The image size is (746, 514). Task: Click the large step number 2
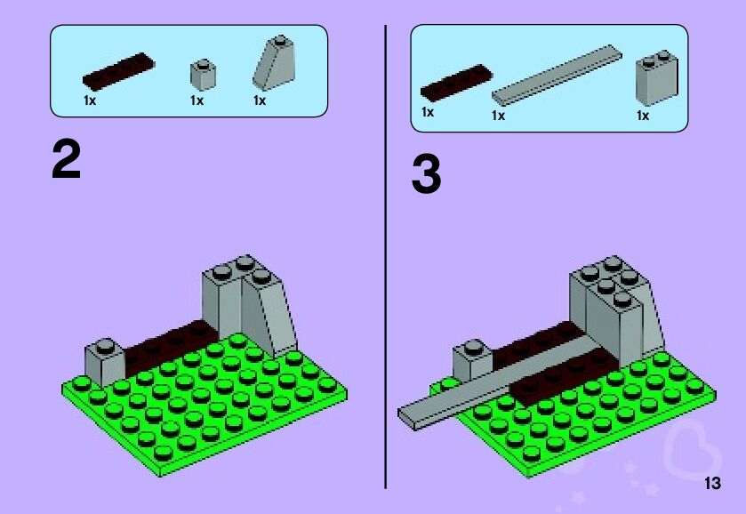tap(66, 160)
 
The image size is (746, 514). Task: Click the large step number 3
tap(426, 174)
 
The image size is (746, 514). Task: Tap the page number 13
tap(712, 483)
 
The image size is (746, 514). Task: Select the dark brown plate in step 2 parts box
tap(118, 71)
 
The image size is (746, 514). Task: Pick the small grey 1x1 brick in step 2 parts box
tap(203, 75)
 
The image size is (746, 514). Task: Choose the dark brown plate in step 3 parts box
tap(456, 83)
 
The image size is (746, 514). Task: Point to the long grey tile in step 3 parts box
tap(557, 76)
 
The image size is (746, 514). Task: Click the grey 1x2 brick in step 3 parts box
tap(657, 77)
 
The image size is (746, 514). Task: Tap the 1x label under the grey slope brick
tap(260, 100)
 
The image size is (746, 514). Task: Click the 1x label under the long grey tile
tap(498, 116)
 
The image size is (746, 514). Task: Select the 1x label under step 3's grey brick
tap(643, 116)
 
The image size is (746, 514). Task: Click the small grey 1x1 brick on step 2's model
tap(105, 362)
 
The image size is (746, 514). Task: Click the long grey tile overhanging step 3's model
tap(494, 381)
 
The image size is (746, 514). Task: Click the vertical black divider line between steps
tap(385, 257)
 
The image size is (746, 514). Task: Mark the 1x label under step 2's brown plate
tap(90, 100)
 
